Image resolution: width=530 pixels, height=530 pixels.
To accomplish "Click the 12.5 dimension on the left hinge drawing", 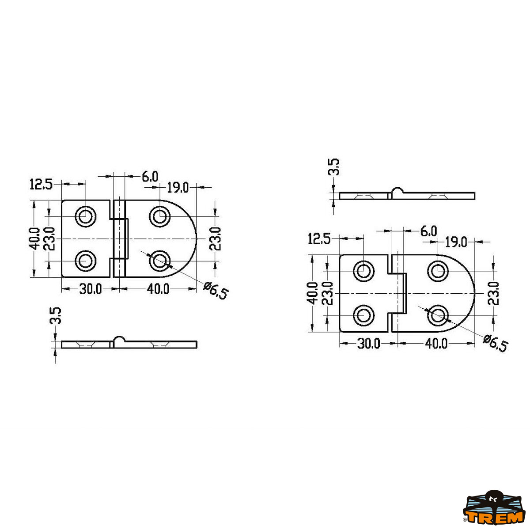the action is pos(41,184).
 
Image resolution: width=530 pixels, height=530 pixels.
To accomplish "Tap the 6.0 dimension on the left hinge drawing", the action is pos(150,177).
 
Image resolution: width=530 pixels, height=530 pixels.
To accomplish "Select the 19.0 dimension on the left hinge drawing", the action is pos(178,188).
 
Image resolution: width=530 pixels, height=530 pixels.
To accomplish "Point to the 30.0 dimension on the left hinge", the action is pos(91,289).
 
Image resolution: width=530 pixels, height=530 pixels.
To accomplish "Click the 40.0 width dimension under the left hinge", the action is pos(158,289).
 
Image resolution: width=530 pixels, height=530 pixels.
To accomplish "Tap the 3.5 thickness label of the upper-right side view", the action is pos(334,167).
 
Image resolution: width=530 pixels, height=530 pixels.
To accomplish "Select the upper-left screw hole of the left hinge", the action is pos(86,216).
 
